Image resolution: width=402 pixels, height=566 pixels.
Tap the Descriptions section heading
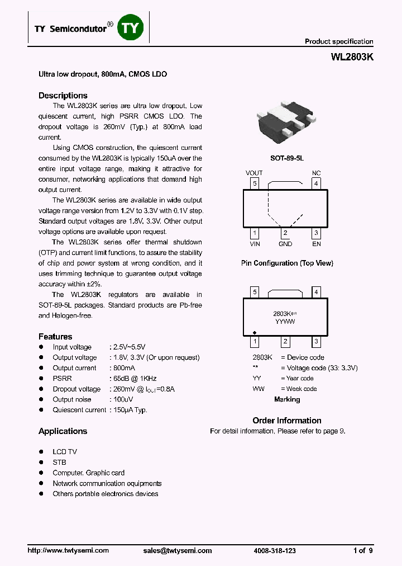tap(63, 96)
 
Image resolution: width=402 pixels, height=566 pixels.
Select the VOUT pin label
tap(254, 173)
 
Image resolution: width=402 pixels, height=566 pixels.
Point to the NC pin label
tap(316, 173)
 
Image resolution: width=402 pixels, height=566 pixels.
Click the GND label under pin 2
tap(285, 244)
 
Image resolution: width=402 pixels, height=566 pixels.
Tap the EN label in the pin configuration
tap(316, 244)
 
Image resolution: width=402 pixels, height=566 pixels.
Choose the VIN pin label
tap(255, 244)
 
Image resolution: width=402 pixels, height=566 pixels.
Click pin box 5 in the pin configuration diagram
tap(255, 183)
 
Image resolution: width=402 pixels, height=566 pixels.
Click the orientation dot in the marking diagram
tap(255, 331)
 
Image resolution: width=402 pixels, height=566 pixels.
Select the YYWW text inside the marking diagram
tap(285, 322)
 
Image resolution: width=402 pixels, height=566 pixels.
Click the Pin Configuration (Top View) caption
tap(286, 263)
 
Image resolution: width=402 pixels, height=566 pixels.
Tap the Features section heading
tap(55, 337)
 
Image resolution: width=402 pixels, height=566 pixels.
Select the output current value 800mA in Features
tap(124, 368)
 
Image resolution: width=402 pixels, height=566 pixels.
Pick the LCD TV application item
tap(65, 452)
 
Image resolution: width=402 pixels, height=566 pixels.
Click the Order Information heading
tap(286, 421)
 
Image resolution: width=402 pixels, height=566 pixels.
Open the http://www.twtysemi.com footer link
tap(68, 550)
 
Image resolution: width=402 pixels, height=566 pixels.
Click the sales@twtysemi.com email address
tap(178, 550)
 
